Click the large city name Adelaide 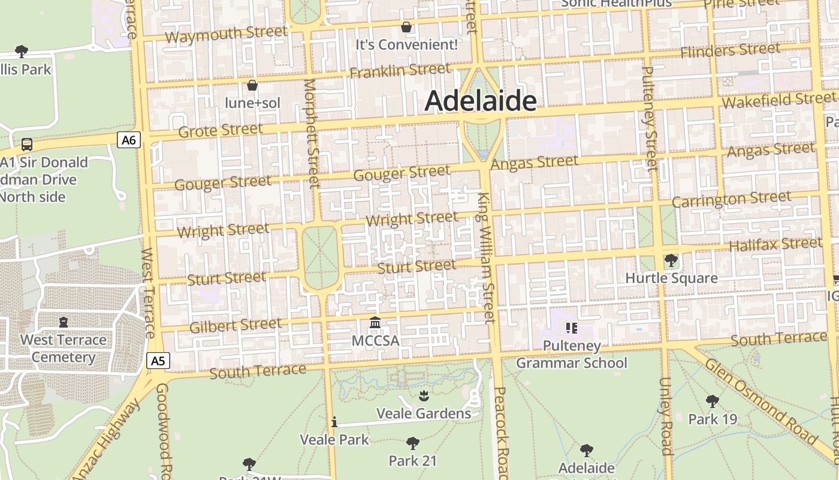481,101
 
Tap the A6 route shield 129,140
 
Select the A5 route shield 158,361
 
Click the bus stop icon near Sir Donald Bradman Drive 27,145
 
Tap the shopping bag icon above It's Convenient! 406,27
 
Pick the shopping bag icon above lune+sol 252,85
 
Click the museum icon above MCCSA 375,323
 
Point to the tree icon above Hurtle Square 671,260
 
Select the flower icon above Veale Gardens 424,395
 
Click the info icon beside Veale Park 334,422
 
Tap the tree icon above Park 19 712,401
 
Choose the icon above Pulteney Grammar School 571,328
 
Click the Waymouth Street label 226,35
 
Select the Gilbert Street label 235,326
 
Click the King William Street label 486,258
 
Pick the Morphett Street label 312,133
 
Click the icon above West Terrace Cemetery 64,322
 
